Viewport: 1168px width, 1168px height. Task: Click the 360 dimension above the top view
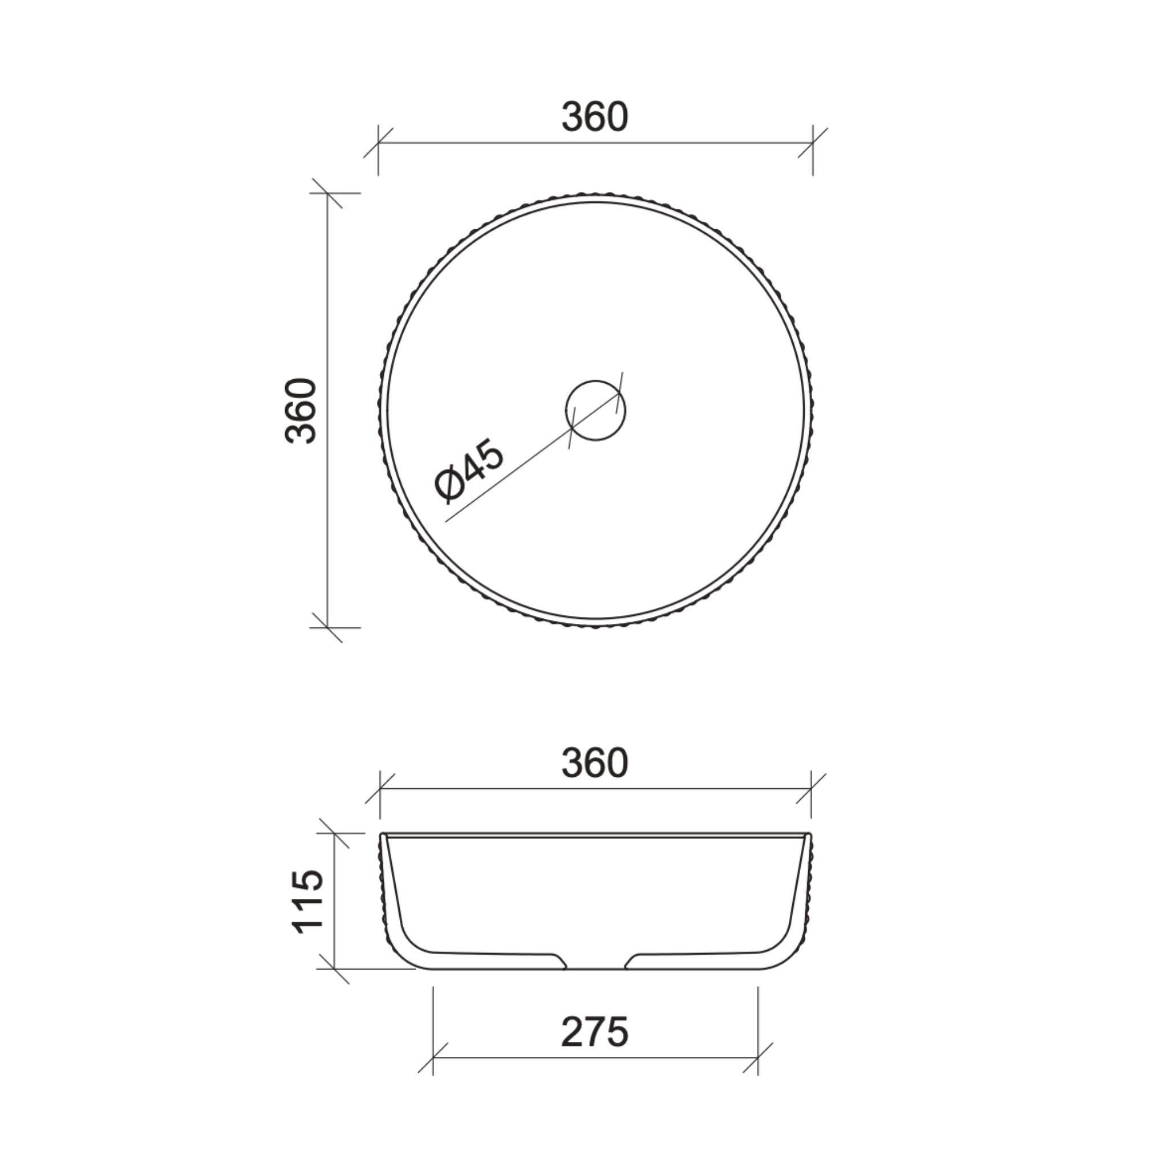[x=595, y=117]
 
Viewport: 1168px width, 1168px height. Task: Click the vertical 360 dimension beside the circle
[x=301, y=411]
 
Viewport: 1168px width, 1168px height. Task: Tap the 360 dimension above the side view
[x=595, y=763]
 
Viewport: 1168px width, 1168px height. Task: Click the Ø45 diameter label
[x=469, y=471]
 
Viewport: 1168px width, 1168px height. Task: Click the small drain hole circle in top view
[x=595, y=411]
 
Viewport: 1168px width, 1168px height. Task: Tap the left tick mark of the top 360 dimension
[x=379, y=143]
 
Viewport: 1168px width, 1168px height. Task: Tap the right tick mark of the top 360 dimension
[x=813, y=143]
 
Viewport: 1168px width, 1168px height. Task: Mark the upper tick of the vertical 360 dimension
[x=327, y=193]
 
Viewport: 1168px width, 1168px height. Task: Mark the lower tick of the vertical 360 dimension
[x=327, y=627]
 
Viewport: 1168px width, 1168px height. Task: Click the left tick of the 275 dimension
[x=433, y=1058]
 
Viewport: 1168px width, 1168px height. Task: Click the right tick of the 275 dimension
[x=757, y=1058]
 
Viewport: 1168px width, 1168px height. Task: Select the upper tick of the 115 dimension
[x=334, y=833]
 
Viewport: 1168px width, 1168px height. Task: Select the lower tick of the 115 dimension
[x=334, y=969]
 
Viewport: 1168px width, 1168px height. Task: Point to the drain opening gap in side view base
[x=595, y=965]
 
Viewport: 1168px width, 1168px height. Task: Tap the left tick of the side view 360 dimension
[x=380, y=788]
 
